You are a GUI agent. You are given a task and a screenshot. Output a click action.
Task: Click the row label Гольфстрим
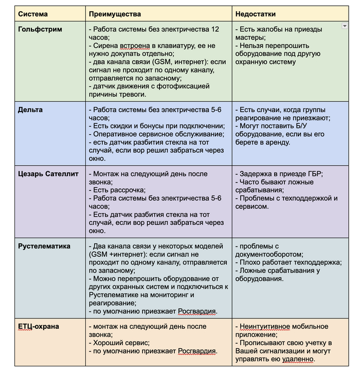pyautogui.click(x=40, y=29)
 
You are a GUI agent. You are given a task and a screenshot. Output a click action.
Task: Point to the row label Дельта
pyautogui.click(x=30, y=110)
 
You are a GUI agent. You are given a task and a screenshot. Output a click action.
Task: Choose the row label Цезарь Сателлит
pyautogui.click(x=48, y=174)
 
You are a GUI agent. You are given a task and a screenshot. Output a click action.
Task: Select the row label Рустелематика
pyautogui.click(x=44, y=246)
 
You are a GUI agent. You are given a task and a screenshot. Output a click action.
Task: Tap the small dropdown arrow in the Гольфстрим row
pyautogui.click(x=344, y=26)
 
